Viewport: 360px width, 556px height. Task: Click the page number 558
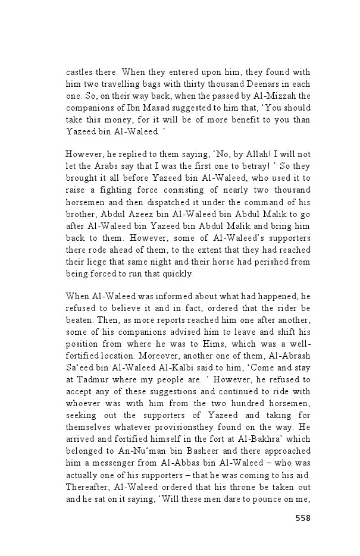303,518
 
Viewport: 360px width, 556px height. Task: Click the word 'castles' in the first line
79,71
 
